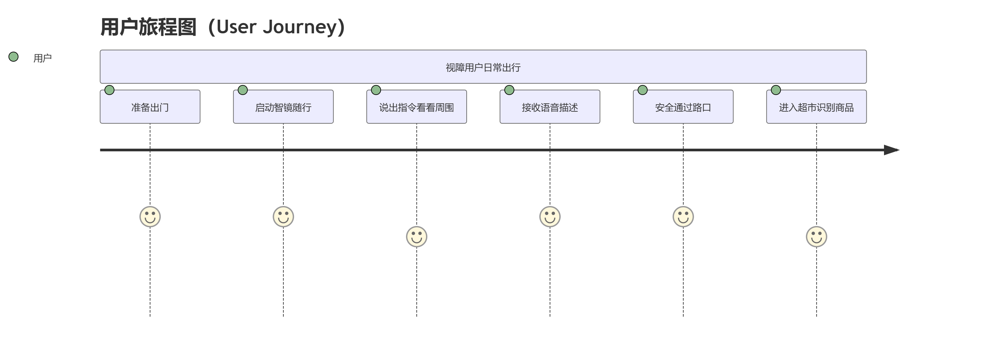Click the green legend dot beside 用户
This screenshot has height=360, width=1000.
click(14, 57)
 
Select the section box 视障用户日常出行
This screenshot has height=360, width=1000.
click(483, 67)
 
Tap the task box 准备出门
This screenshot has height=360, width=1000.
click(150, 107)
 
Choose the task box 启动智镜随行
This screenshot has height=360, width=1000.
click(283, 107)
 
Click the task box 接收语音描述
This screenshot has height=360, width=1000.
click(550, 107)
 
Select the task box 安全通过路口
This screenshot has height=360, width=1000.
click(683, 107)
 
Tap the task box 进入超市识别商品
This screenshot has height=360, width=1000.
click(816, 107)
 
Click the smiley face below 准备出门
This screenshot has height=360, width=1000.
click(150, 216)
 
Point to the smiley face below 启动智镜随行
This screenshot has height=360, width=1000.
click(283, 216)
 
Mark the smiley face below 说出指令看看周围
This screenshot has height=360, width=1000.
click(417, 237)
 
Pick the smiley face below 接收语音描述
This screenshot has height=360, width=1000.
click(550, 216)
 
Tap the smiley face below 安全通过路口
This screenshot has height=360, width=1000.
click(683, 216)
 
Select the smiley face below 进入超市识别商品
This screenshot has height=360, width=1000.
click(816, 237)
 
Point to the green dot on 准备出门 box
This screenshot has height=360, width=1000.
click(109, 90)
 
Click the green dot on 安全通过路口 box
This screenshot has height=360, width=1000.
click(642, 90)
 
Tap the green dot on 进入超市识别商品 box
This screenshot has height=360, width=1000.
click(776, 90)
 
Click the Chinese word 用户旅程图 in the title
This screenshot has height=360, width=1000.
click(148, 27)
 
